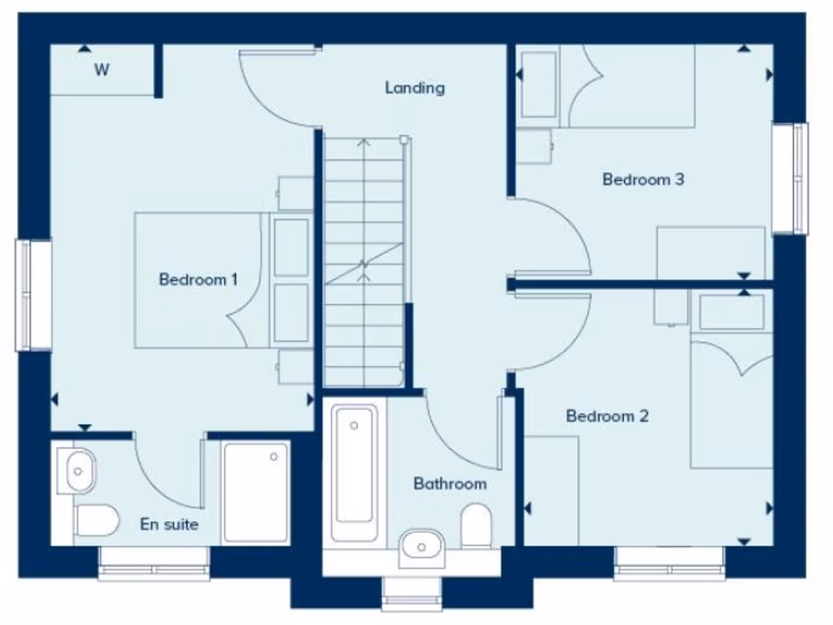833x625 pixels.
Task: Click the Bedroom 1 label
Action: (198, 280)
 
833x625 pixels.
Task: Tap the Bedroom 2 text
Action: (607, 417)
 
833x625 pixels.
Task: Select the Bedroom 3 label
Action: (643, 179)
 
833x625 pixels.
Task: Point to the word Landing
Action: (415, 88)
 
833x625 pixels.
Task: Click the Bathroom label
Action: (450, 484)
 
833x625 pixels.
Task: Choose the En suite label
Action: (169, 525)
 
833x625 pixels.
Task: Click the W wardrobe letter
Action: (101, 70)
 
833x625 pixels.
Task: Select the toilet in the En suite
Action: (97, 519)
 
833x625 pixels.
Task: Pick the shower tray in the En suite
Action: (255, 492)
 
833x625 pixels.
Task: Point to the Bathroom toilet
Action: (476, 525)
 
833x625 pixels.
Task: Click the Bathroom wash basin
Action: (422, 547)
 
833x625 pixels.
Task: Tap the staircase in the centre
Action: (364, 260)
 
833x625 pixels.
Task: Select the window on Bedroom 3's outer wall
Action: (790, 178)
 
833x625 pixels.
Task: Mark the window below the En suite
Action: (154, 563)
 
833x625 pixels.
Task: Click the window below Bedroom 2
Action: (669, 563)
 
